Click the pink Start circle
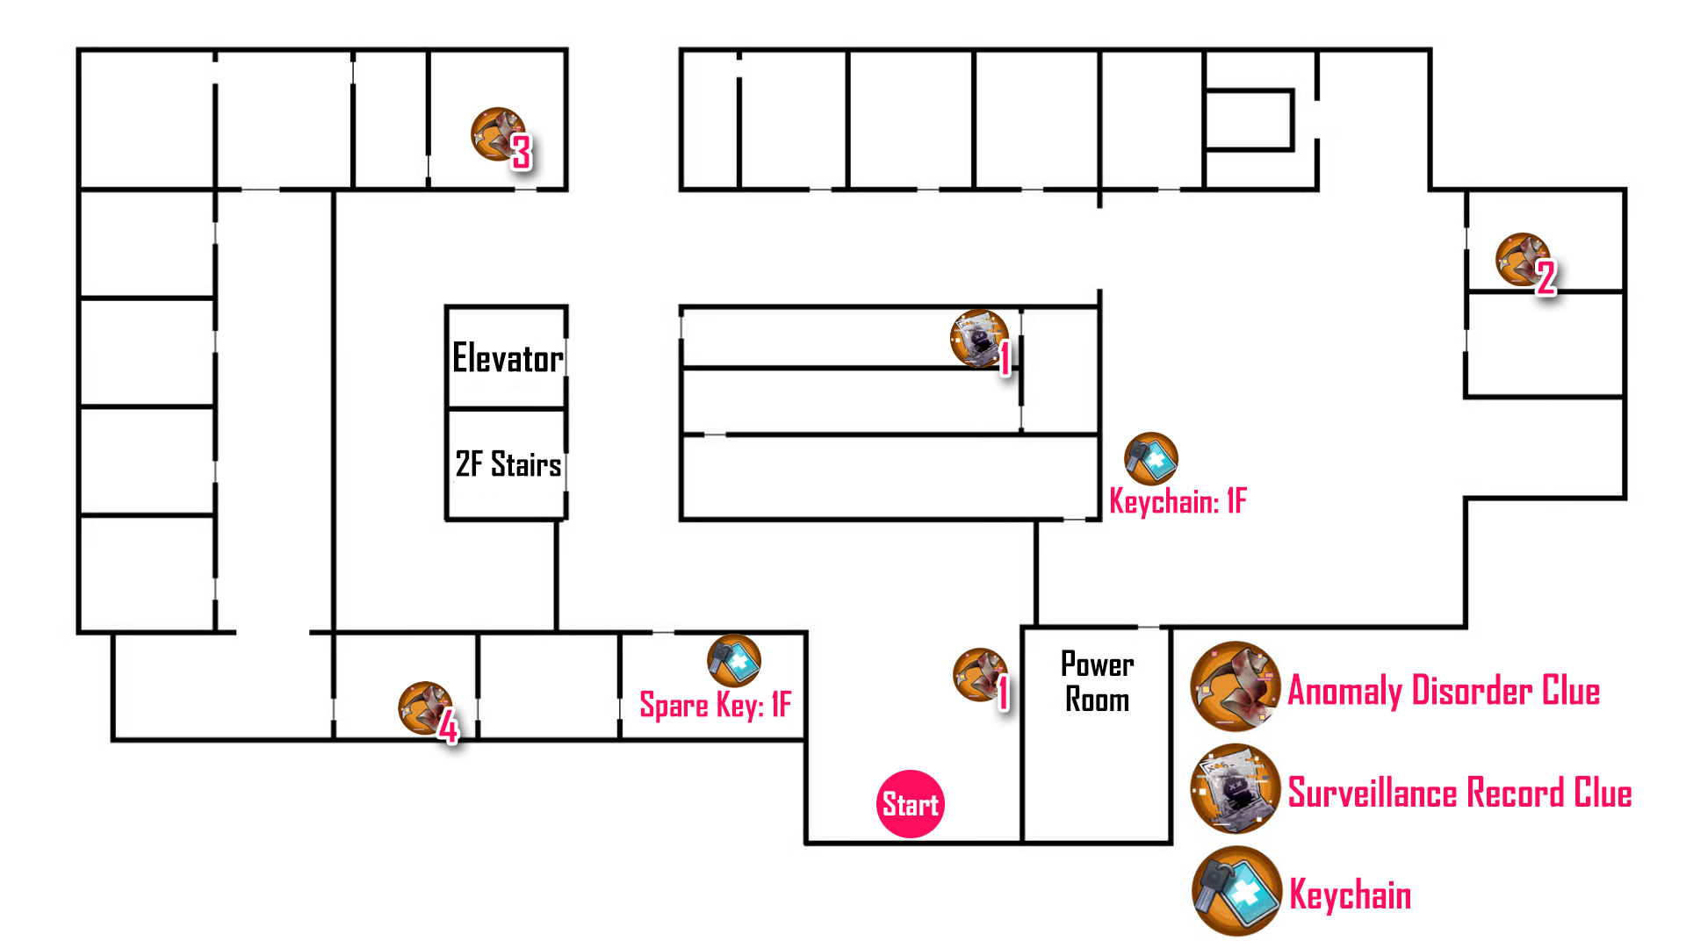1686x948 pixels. click(x=911, y=804)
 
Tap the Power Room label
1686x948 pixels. click(x=1098, y=682)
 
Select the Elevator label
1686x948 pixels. click(x=508, y=358)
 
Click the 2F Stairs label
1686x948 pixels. click(x=508, y=464)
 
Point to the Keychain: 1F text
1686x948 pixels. click(x=1178, y=501)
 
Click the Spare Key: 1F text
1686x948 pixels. click(x=715, y=705)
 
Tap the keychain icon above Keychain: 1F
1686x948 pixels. click(x=1150, y=458)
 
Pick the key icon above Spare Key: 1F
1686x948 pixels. click(x=734, y=660)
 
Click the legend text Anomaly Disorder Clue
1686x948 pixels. click(x=1444, y=691)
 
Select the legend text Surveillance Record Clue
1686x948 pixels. click(x=1459, y=793)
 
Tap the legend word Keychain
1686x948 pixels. click(x=1350, y=894)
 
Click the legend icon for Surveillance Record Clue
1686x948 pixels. click(x=1236, y=788)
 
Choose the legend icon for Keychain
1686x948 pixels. click(x=1236, y=890)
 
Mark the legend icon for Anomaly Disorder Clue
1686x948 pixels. click(x=1236, y=686)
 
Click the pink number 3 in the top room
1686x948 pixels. click(x=522, y=153)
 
